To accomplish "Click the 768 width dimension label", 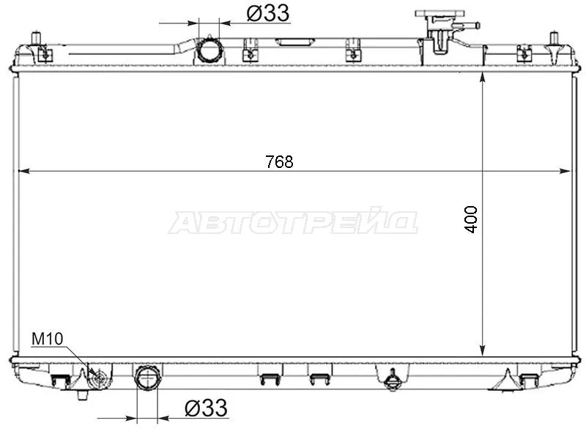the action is [279, 162].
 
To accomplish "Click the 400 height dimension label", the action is [471, 219].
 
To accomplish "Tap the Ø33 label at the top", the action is [268, 13].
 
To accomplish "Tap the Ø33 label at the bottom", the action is [206, 408].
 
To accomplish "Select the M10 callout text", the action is [47, 339].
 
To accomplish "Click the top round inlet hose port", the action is [209, 50].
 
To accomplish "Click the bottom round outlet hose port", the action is [148, 378].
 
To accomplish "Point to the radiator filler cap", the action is [439, 14].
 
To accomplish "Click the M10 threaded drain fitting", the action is [100, 378].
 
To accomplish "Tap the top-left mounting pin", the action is [36, 39].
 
